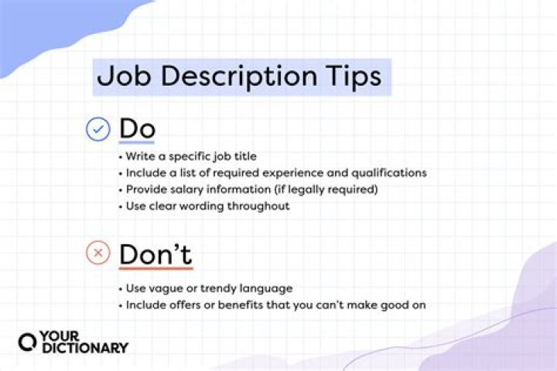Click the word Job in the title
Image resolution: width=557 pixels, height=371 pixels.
(121, 78)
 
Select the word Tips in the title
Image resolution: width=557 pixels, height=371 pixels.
(352, 78)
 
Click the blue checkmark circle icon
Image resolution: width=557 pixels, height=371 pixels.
(97, 129)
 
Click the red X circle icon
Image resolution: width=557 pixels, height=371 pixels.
(97, 253)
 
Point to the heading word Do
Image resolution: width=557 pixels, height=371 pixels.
(137, 129)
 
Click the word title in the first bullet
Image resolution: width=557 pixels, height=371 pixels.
(244, 157)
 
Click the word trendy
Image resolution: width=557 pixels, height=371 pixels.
(208, 288)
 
